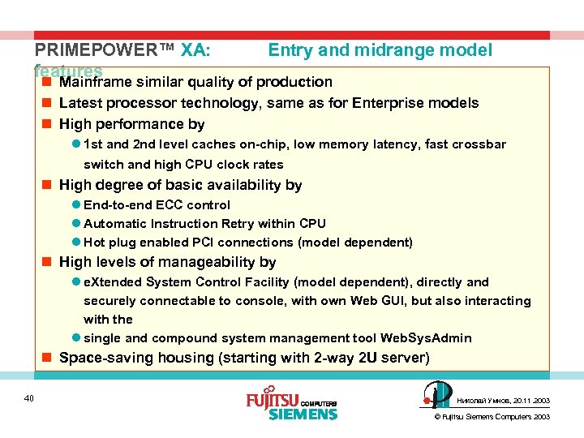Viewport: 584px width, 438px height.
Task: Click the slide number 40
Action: point(28,397)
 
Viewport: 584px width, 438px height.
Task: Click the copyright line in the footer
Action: point(492,417)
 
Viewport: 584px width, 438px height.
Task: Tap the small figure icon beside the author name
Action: point(438,396)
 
